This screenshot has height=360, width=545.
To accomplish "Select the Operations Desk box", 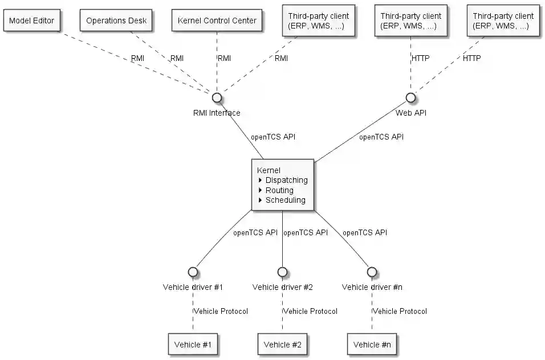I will (116, 21).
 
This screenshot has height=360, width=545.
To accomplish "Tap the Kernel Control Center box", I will (217, 21).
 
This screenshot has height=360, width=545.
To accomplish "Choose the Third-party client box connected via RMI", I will (319, 21).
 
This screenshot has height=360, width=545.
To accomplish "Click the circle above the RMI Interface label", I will (217, 97).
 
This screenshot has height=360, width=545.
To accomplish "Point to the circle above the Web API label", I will (410, 97).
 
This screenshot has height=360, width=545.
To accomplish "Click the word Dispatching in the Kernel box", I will (286, 180).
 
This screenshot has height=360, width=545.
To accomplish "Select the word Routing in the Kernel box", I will (279, 190).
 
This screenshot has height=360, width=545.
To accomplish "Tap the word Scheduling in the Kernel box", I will (285, 200).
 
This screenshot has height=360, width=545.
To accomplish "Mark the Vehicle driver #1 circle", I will (193, 272).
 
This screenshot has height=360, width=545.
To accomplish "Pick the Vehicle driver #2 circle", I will (282, 272).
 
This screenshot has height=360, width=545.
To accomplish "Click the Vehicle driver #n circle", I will (372, 272).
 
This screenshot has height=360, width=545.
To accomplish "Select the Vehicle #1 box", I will (193, 344).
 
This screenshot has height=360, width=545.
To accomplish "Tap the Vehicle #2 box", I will (282, 344).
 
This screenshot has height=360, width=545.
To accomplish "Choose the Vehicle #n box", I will (372, 344).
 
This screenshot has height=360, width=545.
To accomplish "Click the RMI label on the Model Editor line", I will (138, 58).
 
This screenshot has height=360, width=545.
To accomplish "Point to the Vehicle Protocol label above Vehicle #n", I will (400, 311).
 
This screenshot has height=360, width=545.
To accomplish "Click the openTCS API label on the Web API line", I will (381, 137).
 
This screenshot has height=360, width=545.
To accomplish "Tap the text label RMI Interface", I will (217, 113).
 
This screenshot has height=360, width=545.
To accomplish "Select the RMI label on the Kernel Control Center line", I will (224, 58).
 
